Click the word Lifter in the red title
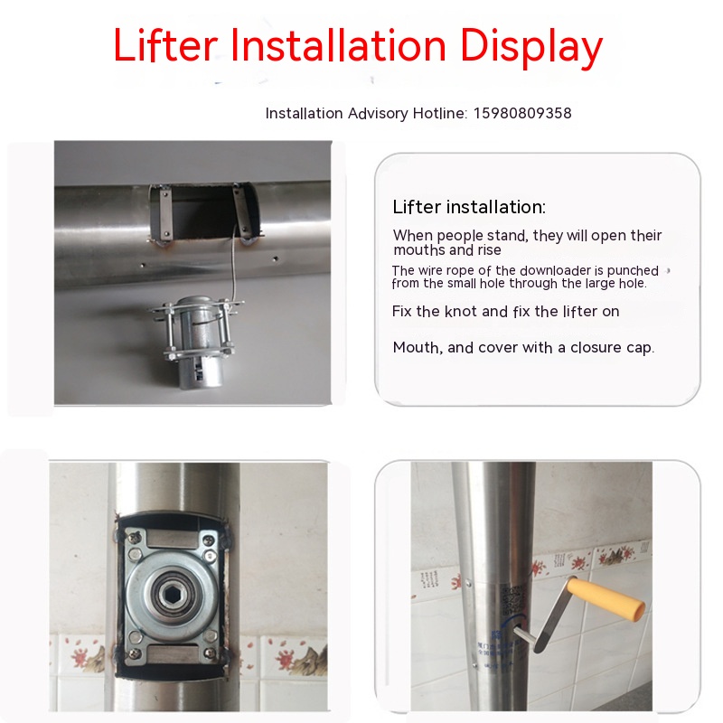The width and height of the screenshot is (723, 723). [x=165, y=45]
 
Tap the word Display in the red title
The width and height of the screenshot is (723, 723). [x=531, y=48]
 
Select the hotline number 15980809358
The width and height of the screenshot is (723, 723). [x=522, y=113]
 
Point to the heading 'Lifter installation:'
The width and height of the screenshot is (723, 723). [x=469, y=207]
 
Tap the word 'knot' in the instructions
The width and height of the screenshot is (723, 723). [x=461, y=311]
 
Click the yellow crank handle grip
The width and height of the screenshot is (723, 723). [x=605, y=599]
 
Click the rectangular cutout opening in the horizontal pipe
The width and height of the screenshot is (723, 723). [x=202, y=211]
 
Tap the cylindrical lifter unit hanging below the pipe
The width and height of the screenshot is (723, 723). [x=198, y=342]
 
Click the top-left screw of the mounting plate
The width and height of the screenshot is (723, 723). [x=134, y=537]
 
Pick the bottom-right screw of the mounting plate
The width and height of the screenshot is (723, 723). [x=210, y=653]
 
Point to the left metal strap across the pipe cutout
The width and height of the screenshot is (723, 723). [x=164, y=212]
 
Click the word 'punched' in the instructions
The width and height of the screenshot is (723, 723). [x=633, y=270]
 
